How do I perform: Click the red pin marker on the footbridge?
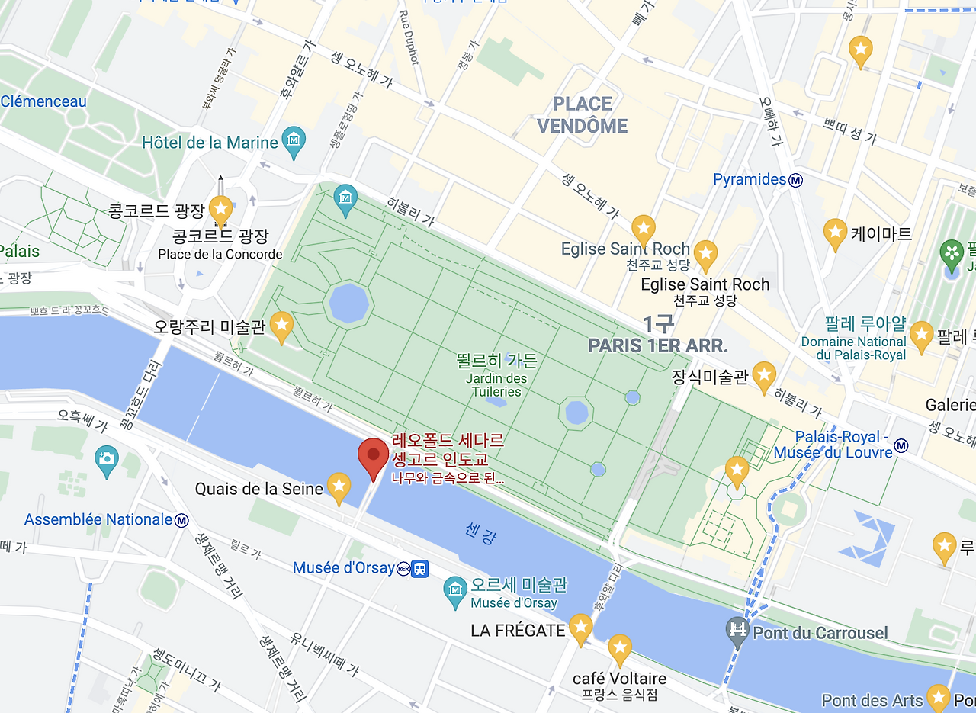(373, 456)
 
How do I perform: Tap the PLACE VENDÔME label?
(583, 115)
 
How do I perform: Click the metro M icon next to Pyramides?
(796, 180)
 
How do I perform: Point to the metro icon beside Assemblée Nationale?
(182, 520)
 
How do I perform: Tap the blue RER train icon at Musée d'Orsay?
(419, 568)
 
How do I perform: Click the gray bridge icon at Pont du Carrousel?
(737, 631)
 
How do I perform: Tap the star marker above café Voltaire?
(619, 648)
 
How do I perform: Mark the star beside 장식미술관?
(764, 375)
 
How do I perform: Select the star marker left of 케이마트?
(836, 233)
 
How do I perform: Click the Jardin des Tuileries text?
(496, 385)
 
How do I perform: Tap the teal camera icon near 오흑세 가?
(107, 458)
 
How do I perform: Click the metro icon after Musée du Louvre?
(901, 445)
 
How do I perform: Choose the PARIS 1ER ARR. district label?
(657, 345)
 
